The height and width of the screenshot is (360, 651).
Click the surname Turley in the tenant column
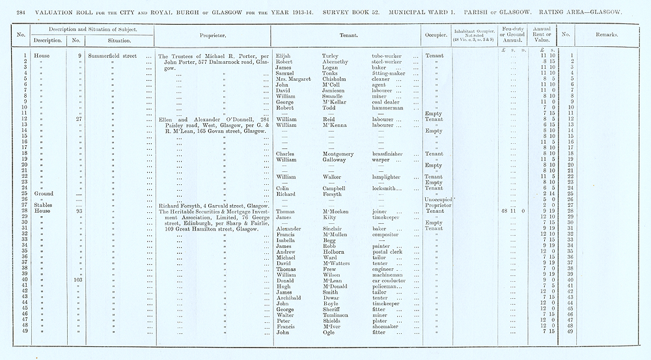point(331,56)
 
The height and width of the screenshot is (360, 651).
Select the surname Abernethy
point(339,61)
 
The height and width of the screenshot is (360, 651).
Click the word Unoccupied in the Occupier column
point(437,199)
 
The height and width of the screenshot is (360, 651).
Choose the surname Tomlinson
point(340,314)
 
